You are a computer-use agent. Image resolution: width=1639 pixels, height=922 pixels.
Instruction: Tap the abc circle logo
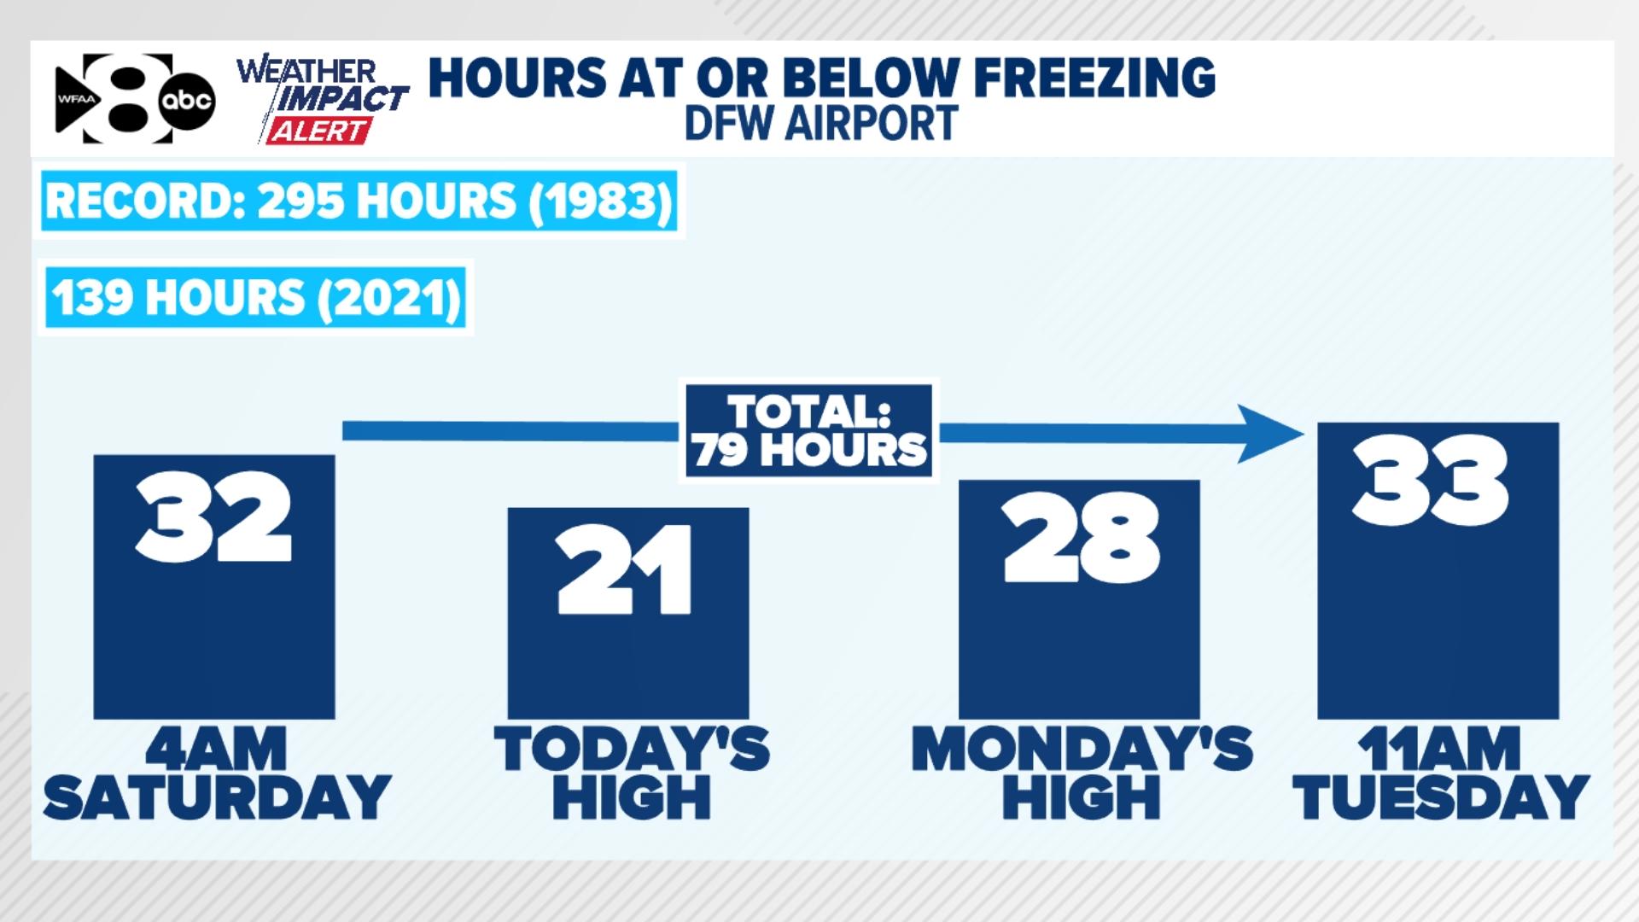188,102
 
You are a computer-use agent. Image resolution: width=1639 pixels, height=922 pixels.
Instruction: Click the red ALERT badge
318,131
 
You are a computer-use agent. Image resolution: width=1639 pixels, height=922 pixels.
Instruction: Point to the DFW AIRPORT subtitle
820,123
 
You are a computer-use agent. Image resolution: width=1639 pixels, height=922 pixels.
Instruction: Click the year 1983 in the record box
602,201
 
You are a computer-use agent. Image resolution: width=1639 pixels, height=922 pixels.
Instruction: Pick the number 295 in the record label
300,201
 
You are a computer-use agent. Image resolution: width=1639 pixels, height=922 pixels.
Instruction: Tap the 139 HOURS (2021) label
255,298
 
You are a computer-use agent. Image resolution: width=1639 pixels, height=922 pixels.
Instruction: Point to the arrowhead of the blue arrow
1272,433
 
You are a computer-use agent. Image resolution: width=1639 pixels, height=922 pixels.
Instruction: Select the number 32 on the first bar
213,521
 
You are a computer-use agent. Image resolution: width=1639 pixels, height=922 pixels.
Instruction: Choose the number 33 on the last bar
1430,481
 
